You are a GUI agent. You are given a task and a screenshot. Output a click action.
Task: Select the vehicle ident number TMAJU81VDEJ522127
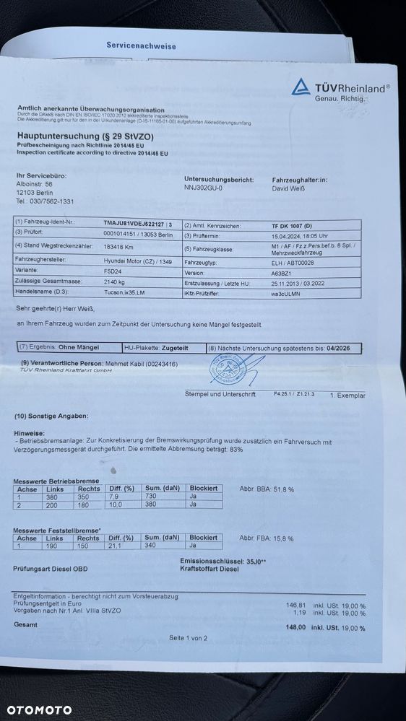click(x=134, y=224)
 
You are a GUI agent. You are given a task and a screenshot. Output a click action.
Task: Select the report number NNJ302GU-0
click(x=204, y=188)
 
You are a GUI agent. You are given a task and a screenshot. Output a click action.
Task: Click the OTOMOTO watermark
click(x=36, y=709)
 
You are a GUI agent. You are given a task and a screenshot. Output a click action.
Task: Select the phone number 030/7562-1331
click(x=46, y=201)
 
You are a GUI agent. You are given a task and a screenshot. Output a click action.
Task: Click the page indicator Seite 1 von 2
click(x=188, y=638)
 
